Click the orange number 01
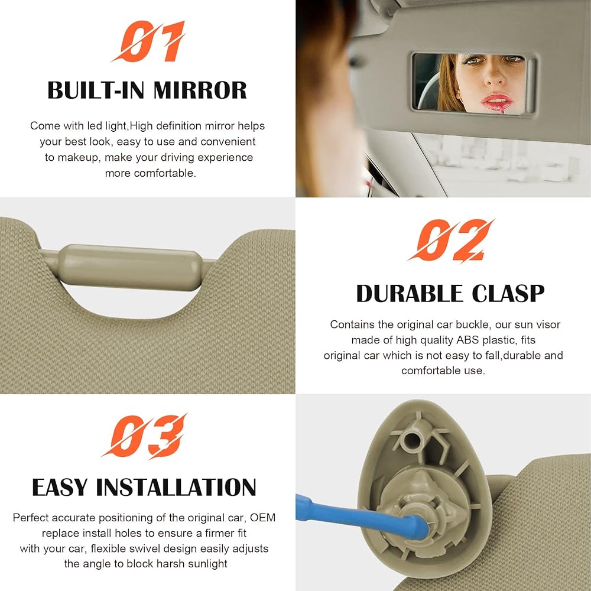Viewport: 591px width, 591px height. [x=148, y=43]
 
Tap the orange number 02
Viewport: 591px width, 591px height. [x=451, y=241]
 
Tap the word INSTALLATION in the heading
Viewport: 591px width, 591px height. [x=176, y=488]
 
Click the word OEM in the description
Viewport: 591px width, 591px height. [x=262, y=518]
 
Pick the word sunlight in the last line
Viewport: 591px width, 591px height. [x=205, y=564]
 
